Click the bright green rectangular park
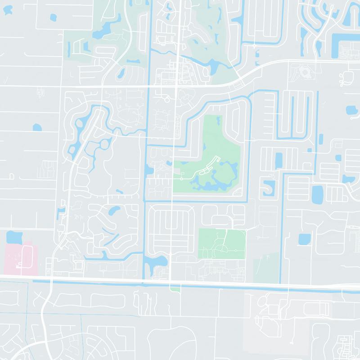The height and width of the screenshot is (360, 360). point(221,243)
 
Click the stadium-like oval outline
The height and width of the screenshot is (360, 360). point(302,72)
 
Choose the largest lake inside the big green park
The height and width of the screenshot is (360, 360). point(216,178)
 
